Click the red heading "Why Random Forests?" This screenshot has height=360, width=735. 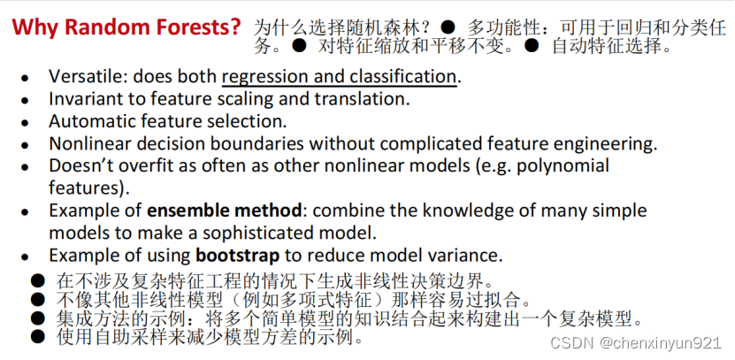click(126, 27)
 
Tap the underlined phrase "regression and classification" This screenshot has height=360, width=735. click(339, 77)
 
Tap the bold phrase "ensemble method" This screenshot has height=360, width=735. click(225, 211)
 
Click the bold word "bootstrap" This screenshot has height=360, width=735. click(238, 256)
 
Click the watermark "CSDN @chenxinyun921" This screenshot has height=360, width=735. click(636, 342)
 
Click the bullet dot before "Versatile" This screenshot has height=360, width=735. click(25, 78)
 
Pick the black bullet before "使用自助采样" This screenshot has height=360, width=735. click(37, 335)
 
